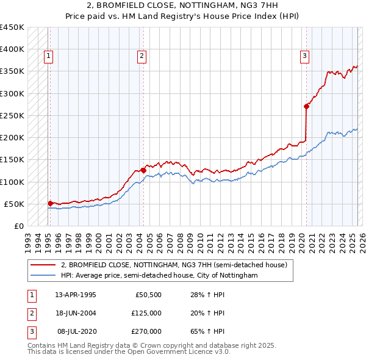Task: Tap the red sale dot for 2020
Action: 306,106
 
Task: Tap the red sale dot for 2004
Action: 143,170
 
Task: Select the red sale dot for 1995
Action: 50,203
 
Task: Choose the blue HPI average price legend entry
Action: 159,276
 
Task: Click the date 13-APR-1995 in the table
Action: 76,295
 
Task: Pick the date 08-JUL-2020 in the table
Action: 76,331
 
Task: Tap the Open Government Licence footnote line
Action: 129,352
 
